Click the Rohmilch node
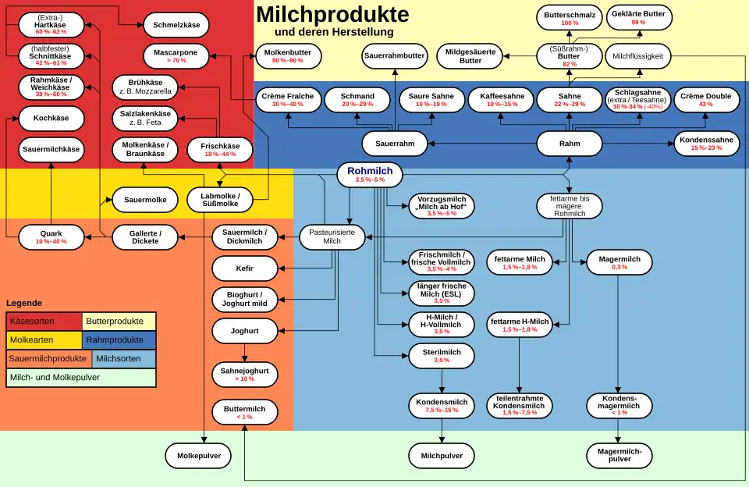[370, 175]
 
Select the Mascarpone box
[176, 55]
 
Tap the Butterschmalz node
[570, 18]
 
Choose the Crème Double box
[706, 99]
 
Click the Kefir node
[244, 268]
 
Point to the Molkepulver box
[199, 455]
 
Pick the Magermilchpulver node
[619, 455]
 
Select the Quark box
[51, 236]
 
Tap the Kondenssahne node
[706, 144]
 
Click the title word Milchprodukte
[332, 14]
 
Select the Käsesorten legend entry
[44, 321]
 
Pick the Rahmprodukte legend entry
[119, 340]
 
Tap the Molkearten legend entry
[44, 340]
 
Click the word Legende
[24, 303]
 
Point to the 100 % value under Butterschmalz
[570, 23]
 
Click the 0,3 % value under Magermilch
[619, 267]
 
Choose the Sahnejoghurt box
[244, 374]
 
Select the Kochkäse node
[51, 118]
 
